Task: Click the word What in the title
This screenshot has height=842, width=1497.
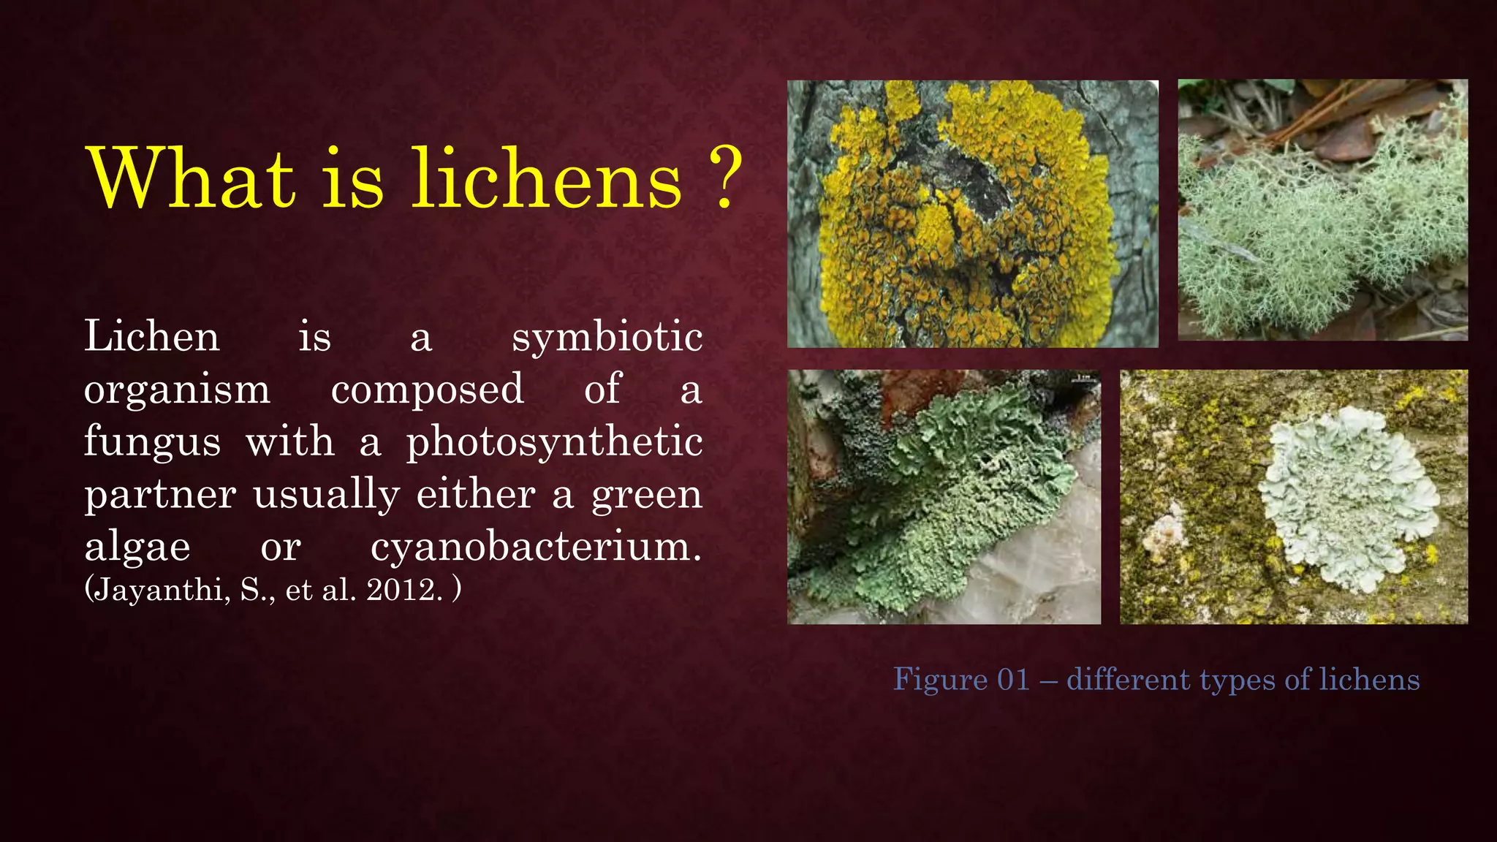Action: (x=192, y=178)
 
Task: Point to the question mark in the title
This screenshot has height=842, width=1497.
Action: (x=724, y=178)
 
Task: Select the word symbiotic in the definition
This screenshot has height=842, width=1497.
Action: (x=607, y=338)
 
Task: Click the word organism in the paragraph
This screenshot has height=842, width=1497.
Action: (x=177, y=390)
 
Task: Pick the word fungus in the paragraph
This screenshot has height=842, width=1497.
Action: (x=152, y=443)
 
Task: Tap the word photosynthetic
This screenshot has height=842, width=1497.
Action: (x=554, y=443)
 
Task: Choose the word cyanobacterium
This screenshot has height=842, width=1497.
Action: (x=535, y=547)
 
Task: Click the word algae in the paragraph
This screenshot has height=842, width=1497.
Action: (x=137, y=547)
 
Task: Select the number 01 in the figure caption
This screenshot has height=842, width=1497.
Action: (x=1013, y=680)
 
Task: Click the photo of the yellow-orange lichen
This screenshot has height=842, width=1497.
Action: (x=972, y=213)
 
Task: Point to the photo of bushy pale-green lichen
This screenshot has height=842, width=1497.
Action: (x=1322, y=210)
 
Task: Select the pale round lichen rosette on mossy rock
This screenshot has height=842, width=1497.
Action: (x=1349, y=497)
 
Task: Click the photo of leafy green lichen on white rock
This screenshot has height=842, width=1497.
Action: (x=944, y=497)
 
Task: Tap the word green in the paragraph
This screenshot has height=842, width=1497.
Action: (x=646, y=496)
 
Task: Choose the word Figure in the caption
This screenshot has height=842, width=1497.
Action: (x=941, y=680)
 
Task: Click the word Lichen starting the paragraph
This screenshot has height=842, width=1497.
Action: (x=152, y=338)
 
